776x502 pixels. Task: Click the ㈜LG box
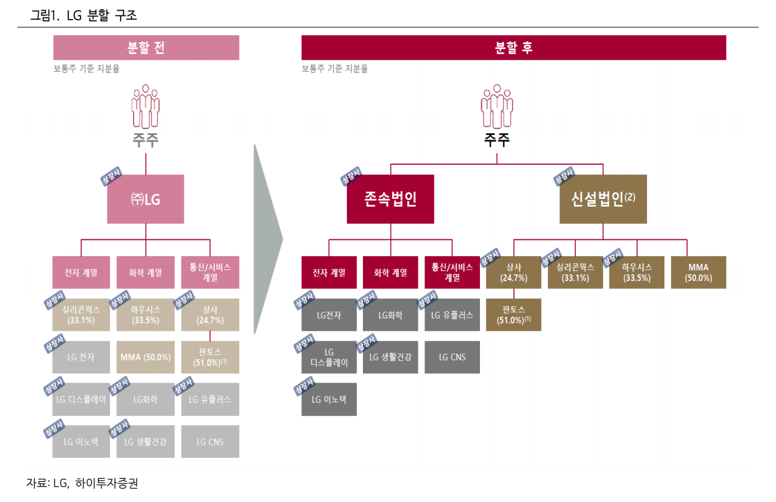point(146,199)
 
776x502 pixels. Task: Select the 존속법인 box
point(390,199)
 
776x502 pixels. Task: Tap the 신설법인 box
point(603,199)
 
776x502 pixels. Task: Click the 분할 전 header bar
point(146,48)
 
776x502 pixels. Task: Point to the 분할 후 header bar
point(513,48)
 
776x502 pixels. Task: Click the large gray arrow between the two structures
point(267,239)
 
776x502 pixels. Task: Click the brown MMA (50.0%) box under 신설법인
point(698,272)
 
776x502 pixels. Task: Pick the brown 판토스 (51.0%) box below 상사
point(513,315)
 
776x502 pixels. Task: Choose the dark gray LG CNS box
point(452,357)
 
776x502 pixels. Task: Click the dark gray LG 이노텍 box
point(329,399)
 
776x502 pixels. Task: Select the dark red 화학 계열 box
point(390,272)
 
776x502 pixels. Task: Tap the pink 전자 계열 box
point(81,272)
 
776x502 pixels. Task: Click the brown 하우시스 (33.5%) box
point(637,272)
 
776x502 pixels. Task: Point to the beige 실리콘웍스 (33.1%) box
point(81,315)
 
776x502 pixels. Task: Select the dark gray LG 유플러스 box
point(452,315)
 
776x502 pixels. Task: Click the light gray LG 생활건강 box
point(146,442)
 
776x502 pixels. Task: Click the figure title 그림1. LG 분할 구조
point(84,16)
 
